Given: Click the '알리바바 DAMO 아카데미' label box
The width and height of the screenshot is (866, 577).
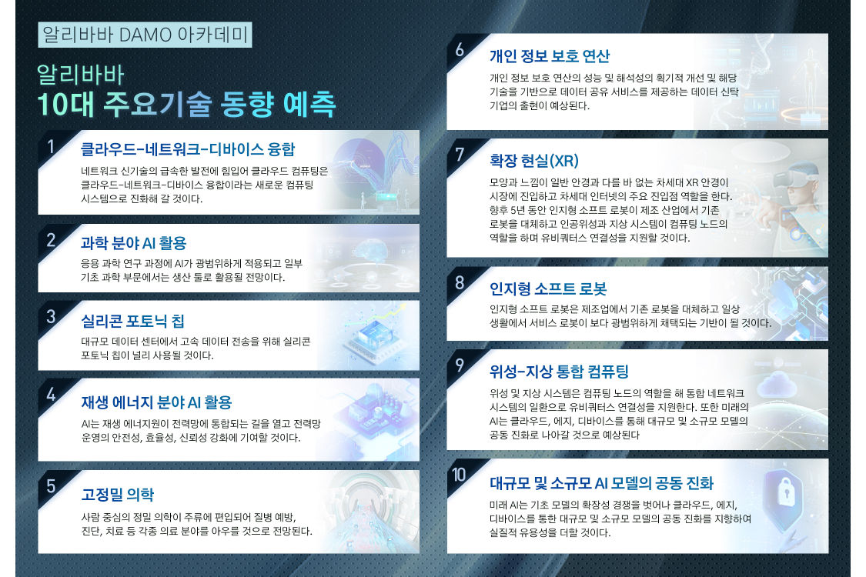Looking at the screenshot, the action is (145, 35).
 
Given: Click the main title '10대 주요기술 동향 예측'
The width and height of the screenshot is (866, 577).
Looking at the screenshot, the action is (186, 105).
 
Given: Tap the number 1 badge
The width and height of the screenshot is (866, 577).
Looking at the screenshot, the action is (51, 147).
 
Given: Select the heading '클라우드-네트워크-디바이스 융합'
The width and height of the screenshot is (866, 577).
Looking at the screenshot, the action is (188, 149).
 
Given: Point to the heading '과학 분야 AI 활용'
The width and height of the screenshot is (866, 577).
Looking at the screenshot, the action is (134, 243).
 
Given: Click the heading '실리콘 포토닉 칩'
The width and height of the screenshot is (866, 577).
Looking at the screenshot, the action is (132, 321).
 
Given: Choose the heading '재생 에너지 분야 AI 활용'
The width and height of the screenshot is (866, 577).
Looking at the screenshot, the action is (156, 402).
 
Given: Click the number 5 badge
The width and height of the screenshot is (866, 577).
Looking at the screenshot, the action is (51, 486).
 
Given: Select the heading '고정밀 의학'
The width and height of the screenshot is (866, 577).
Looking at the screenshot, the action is (118, 494).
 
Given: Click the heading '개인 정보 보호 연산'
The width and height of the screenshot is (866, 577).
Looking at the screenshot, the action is (550, 55).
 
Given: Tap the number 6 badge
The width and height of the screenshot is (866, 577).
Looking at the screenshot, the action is (460, 50).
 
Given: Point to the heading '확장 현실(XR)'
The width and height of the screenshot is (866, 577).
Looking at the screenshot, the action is (534, 161).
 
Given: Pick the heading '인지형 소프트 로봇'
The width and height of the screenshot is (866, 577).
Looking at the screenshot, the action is (548, 288).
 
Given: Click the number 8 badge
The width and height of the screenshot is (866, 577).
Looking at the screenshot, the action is (460, 283).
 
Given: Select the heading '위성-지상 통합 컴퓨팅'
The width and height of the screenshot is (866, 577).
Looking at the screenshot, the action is (559, 371).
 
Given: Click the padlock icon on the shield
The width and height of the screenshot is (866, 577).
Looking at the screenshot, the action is (786, 492).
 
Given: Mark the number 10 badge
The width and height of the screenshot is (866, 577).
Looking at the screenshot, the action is (459, 475).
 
